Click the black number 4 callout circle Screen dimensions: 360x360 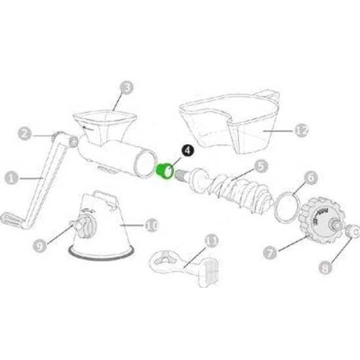point(188,151)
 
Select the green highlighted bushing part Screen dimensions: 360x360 point(164,171)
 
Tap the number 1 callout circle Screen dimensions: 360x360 point(12,178)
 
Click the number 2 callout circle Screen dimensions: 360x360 point(25,134)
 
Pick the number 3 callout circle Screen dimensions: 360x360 point(127,88)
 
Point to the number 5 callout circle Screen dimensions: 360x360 point(262,166)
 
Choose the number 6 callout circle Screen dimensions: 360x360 point(311,178)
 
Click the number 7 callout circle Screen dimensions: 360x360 point(270,253)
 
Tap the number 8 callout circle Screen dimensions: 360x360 point(325,268)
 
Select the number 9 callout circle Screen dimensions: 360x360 point(40,246)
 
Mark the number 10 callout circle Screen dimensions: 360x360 point(152,225)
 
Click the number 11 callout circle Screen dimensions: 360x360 point(211,241)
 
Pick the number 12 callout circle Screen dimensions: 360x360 point(302,131)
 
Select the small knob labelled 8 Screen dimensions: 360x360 point(352,232)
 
